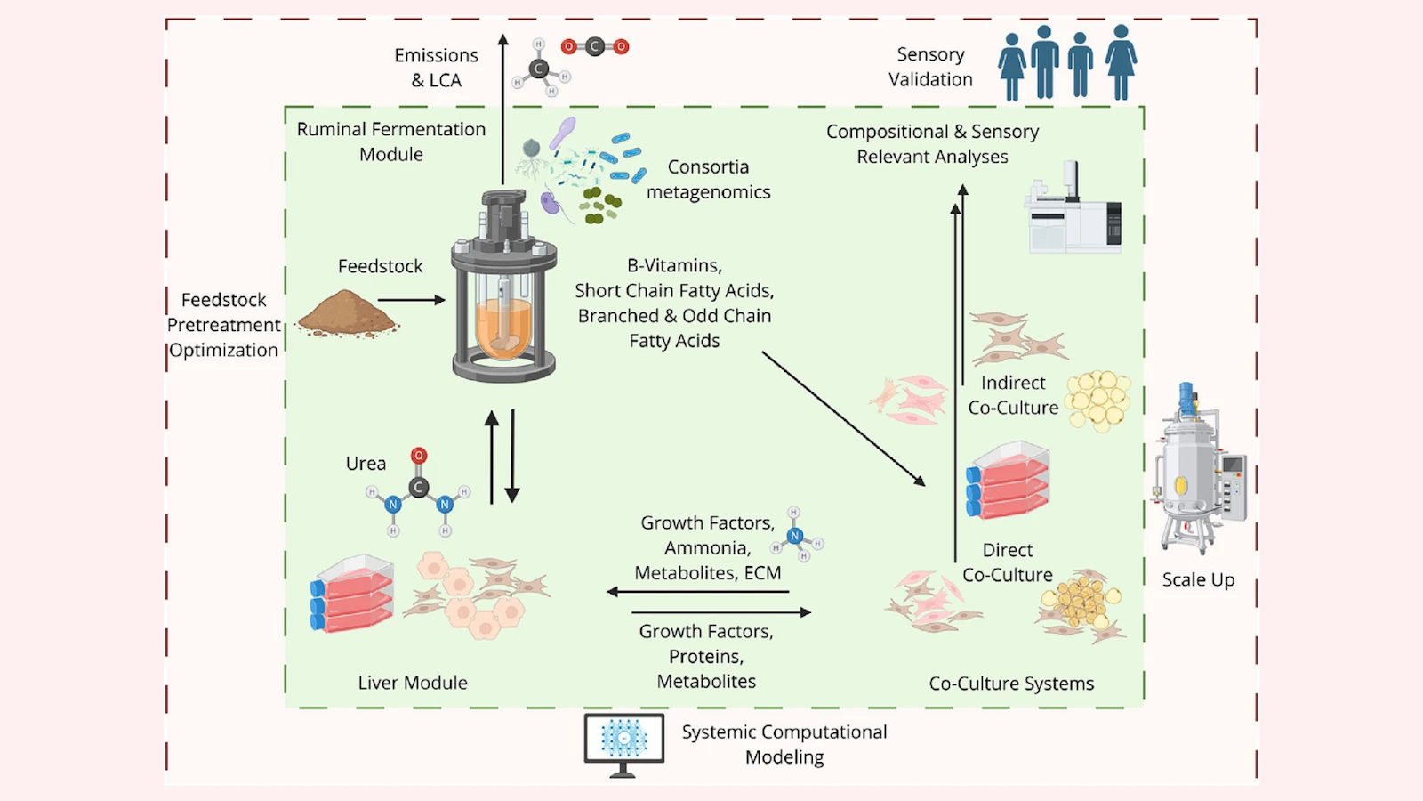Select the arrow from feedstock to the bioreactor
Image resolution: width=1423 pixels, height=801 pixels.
click(x=411, y=300)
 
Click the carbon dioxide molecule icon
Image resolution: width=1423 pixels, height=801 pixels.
click(x=595, y=46)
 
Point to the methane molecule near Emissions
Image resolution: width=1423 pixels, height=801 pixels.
click(x=540, y=68)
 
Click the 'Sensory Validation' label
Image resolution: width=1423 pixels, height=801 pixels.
click(x=930, y=67)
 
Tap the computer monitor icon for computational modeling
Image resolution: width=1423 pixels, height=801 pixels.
click(x=623, y=740)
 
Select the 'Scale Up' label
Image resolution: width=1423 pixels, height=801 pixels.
click(x=1198, y=579)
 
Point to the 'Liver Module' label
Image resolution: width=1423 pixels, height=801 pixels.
click(x=413, y=683)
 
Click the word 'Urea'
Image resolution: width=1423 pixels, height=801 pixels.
click(x=366, y=464)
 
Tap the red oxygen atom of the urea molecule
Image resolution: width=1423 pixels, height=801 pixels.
click(x=419, y=456)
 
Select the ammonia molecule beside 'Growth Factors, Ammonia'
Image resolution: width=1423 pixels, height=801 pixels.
click(x=796, y=535)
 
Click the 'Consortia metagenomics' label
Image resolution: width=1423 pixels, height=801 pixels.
click(x=708, y=179)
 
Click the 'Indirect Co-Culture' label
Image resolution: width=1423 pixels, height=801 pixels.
click(x=1013, y=395)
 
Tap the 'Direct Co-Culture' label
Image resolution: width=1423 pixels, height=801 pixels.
click(x=1008, y=562)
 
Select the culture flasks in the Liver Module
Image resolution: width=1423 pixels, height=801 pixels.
click(x=352, y=594)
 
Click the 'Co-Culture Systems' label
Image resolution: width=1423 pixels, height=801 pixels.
click(x=1011, y=684)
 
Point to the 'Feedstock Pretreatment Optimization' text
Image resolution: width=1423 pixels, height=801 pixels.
click(x=224, y=325)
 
